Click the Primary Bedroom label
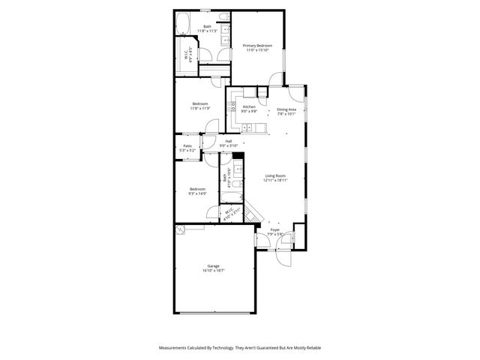coord(257,46)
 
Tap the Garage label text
coord(213,266)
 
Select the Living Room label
coord(274,175)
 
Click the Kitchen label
coord(249,106)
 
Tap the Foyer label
coord(275,229)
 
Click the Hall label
coord(228,140)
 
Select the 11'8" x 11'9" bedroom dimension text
coord(199,108)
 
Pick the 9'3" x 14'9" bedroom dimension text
coord(197,193)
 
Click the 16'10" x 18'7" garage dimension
coord(213,271)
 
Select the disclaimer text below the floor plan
coord(240,348)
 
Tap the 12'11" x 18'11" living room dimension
coord(274,180)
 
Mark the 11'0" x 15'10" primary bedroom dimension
coord(257,50)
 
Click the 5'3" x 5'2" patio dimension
coord(187,150)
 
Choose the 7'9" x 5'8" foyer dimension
coord(275,234)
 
